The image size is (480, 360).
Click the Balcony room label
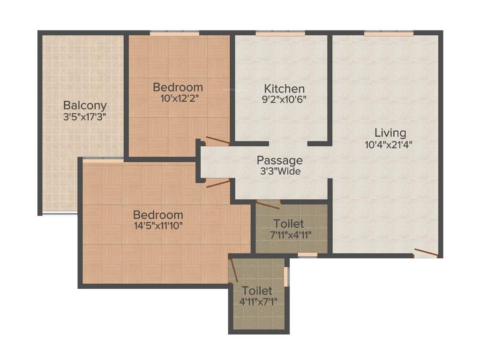click(x=85, y=105)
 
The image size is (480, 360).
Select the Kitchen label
click(x=284, y=89)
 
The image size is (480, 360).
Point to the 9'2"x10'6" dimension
click(x=284, y=99)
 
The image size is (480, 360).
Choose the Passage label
click(x=279, y=161)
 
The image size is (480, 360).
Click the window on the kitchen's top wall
click(x=280, y=33)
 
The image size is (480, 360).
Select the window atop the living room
click(x=389, y=33)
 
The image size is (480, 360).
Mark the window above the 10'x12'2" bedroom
click(x=174, y=33)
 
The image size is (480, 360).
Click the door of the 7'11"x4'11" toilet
click(x=268, y=204)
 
